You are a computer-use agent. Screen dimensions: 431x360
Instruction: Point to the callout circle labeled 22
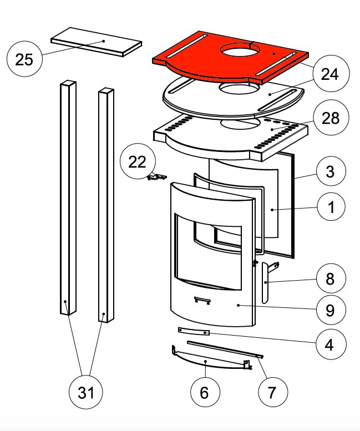click(138, 161)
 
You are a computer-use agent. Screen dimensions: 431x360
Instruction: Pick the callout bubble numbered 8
click(330, 279)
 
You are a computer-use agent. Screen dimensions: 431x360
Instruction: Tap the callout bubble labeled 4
click(330, 345)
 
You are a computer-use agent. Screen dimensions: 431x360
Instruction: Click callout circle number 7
click(272, 392)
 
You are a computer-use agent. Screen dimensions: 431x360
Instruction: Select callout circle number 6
click(204, 392)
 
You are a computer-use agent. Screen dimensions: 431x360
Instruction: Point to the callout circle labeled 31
click(85, 393)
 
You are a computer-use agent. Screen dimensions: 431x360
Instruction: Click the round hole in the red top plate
click(242, 51)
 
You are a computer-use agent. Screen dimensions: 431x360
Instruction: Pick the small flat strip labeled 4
click(193, 331)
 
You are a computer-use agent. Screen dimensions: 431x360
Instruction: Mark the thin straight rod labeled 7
click(225, 349)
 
